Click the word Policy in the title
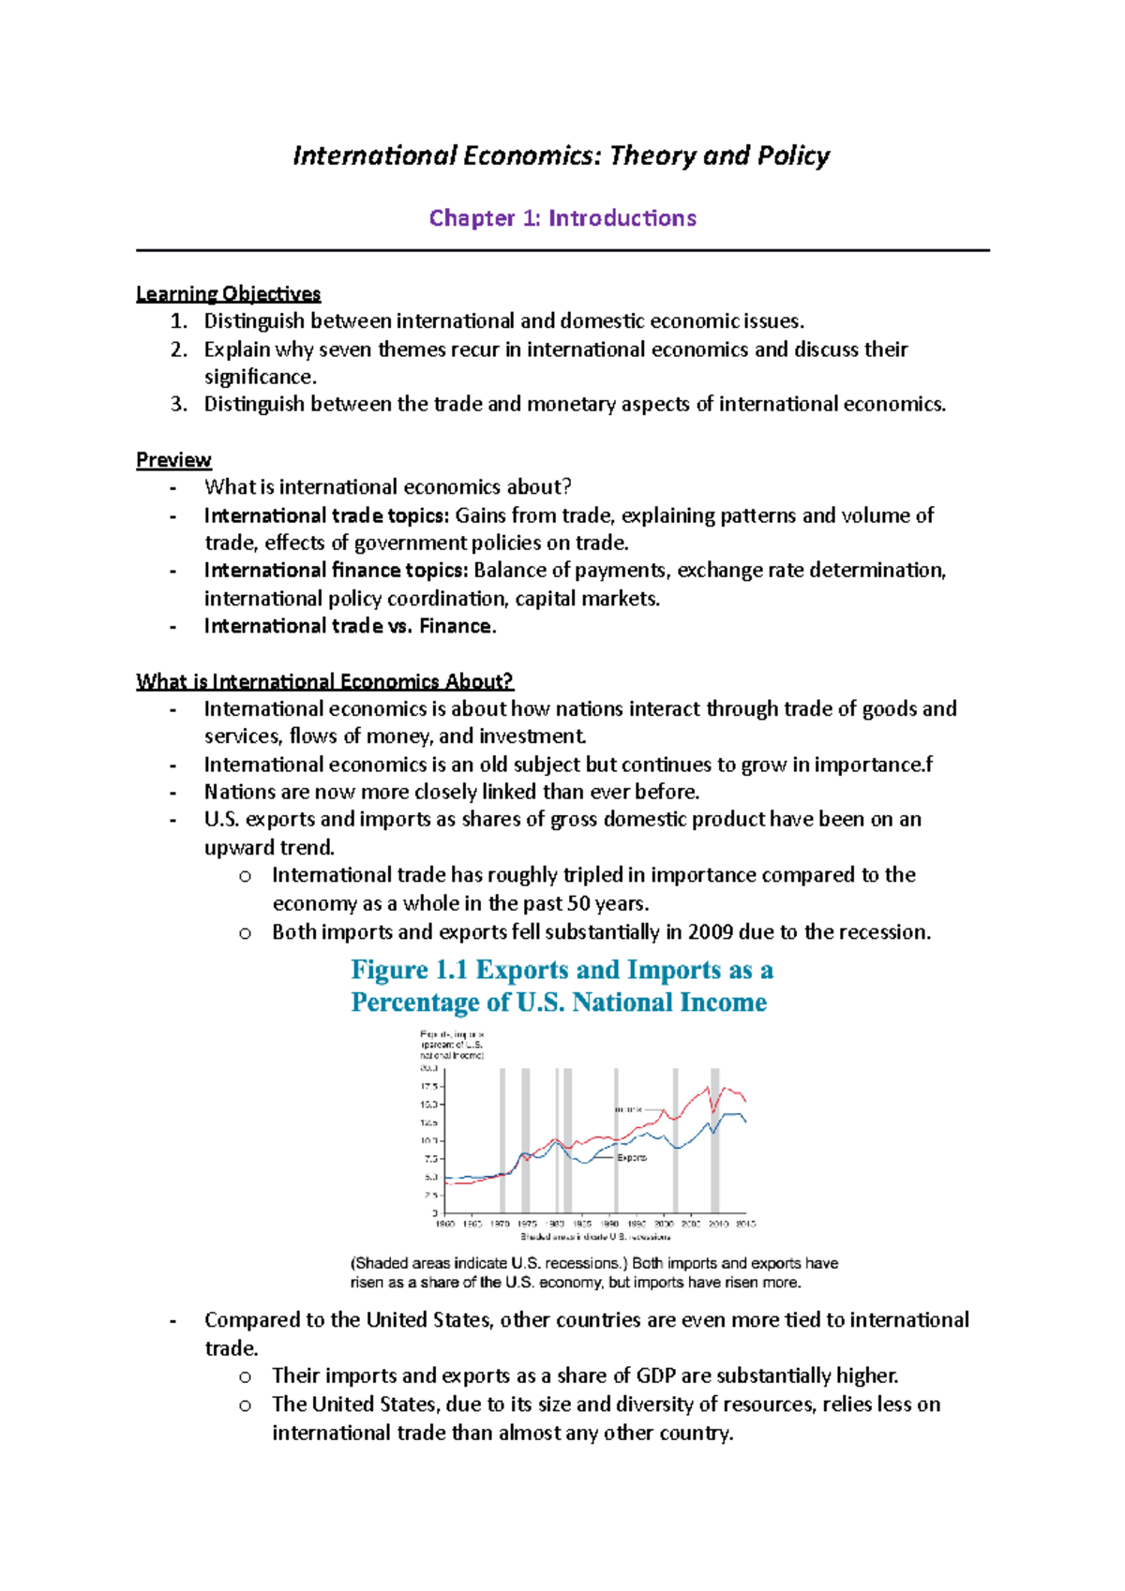pos(793,156)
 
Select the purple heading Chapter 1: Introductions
pos(562,218)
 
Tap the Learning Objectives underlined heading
pos(228,294)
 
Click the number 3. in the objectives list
pos(179,404)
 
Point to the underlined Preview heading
pos(173,460)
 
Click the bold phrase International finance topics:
pos(336,571)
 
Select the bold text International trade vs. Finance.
pos(350,626)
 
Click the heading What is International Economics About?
pos(324,681)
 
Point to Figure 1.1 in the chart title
pos(409,970)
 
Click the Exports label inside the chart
pos(632,1158)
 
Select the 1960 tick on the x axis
pos(444,1224)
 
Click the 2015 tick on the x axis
pos(745,1224)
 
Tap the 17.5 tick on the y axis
pos(428,1087)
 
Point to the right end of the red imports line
pos(745,1101)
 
